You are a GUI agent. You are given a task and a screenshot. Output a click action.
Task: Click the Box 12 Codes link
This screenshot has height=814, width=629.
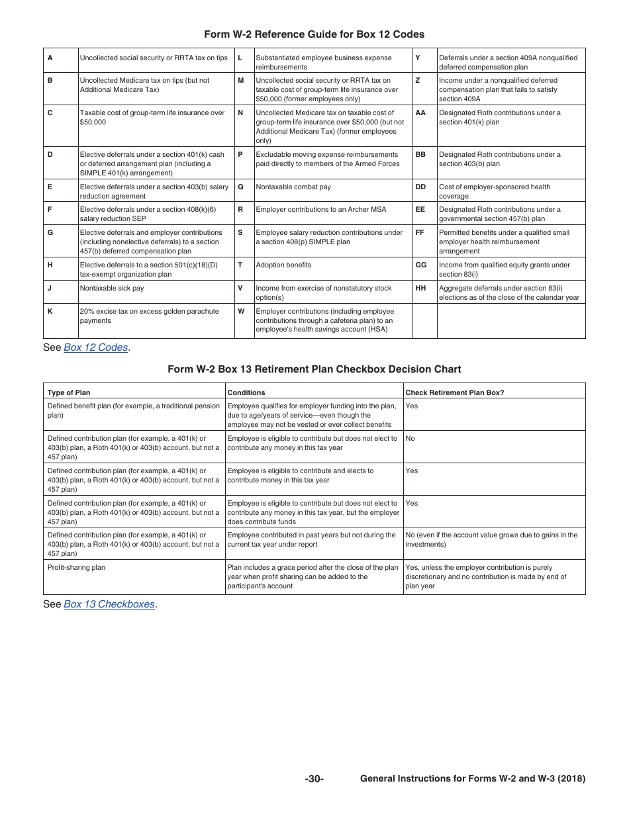pyautogui.click(x=95, y=347)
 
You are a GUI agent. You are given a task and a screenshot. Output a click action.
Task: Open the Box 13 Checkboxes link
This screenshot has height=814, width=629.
pyautogui.click(x=109, y=604)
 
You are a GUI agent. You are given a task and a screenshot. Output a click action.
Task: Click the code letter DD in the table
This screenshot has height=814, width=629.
pyautogui.click(x=420, y=187)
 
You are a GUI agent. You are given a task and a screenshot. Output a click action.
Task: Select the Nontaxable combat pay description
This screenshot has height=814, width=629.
pyautogui.click(x=293, y=187)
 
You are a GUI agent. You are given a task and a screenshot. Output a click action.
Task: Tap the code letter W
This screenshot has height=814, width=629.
pyautogui.click(x=241, y=312)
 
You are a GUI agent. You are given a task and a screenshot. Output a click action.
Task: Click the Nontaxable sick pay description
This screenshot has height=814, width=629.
pyautogui.click(x=111, y=289)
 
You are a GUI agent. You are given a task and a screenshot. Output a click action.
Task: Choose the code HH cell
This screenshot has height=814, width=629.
pyautogui.click(x=420, y=289)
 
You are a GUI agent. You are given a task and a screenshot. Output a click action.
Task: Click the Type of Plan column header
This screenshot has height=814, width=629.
pyautogui.click(x=69, y=392)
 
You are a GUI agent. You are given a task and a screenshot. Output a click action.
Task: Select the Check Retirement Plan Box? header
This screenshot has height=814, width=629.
pyautogui.click(x=454, y=392)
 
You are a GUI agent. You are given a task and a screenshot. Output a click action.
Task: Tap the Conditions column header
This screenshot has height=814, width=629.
pyautogui.click(x=246, y=392)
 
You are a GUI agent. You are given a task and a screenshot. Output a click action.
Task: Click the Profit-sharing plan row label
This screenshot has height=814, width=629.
pyautogui.click(x=76, y=568)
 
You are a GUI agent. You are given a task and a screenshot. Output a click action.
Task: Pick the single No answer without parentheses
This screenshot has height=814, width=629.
pyautogui.click(x=410, y=439)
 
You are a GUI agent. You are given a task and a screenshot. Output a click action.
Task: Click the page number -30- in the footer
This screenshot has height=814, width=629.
pyautogui.click(x=314, y=780)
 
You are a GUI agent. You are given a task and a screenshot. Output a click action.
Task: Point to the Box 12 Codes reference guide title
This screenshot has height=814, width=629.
pyautogui.click(x=314, y=34)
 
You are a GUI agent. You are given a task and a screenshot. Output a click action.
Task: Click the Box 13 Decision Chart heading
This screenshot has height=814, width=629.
pyautogui.click(x=314, y=369)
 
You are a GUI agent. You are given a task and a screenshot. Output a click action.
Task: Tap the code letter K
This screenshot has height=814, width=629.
pyautogui.click(x=50, y=312)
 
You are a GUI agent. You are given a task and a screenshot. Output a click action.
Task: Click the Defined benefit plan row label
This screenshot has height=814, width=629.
pyautogui.click(x=132, y=410)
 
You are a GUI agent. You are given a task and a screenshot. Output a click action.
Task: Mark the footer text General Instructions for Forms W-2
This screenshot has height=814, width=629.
pyautogui.click(x=473, y=780)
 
